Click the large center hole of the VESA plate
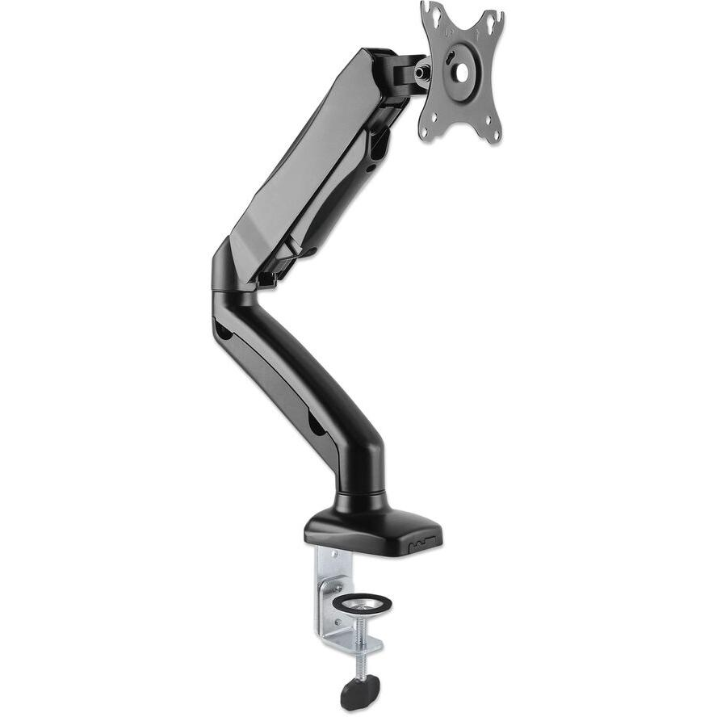pyautogui.click(x=461, y=72)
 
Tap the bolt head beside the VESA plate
pyautogui.click(x=422, y=71)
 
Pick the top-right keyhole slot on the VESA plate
pyautogui.click(x=489, y=23)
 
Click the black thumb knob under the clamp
pyautogui.click(x=360, y=690)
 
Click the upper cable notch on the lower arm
pyautogui.click(x=223, y=331)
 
